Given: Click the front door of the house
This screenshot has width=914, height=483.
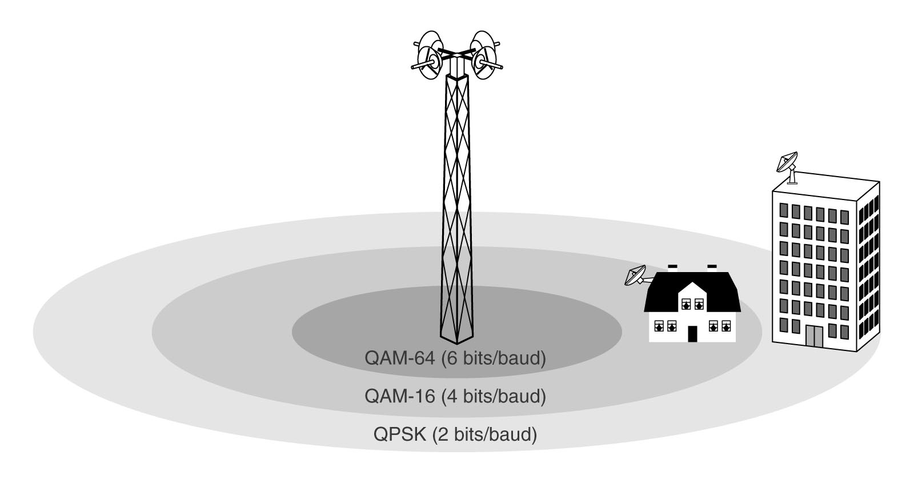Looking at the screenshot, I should click(692, 333).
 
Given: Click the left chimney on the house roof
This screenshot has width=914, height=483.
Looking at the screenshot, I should click(672, 266).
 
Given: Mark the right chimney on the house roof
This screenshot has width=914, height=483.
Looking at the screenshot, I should click(712, 266).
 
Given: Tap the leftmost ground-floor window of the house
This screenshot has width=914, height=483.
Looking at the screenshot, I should click(659, 326).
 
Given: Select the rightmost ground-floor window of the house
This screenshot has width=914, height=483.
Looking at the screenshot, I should click(727, 326).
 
